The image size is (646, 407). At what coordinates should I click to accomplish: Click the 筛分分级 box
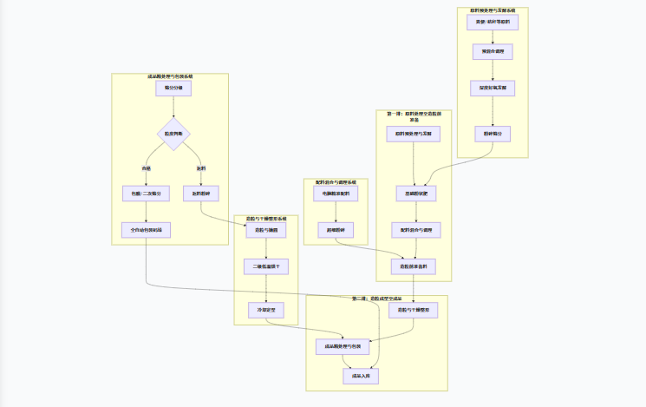[x=173, y=89]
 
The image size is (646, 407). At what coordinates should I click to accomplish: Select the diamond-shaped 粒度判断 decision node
[x=173, y=134]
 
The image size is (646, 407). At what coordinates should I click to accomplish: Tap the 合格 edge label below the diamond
[x=147, y=167]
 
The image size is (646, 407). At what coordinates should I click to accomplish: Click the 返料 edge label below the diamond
[x=200, y=167]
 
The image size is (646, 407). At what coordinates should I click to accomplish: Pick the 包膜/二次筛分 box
[x=147, y=194]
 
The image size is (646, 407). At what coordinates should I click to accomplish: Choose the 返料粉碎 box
[x=200, y=194]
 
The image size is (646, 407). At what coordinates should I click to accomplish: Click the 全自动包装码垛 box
[x=147, y=230]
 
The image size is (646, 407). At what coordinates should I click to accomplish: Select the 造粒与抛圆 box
[x=266, y=231]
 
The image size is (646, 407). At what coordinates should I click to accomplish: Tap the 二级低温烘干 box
[x=266, y=266]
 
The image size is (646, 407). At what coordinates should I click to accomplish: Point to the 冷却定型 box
[x=266, y=310]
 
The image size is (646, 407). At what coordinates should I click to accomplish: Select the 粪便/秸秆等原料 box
[x=493, y=22]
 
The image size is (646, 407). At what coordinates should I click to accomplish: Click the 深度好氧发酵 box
[x=493, y=88]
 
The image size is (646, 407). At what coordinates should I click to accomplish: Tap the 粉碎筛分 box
[x=493, y=134]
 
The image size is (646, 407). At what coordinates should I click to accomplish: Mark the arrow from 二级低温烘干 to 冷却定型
[x=266, y=288]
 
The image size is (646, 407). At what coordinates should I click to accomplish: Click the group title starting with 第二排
[x=376, y=299]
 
